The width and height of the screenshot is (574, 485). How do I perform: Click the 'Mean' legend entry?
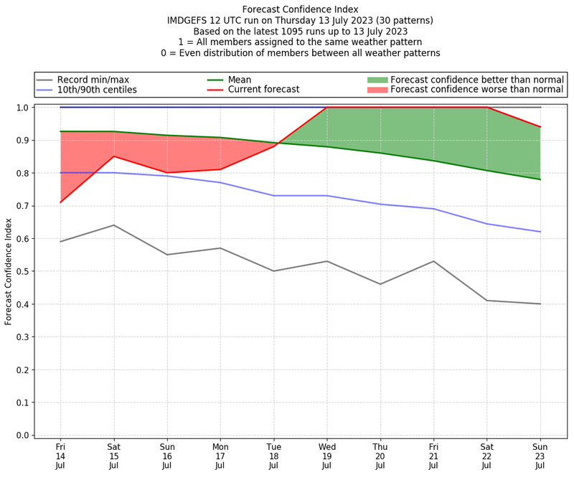click(240, 80)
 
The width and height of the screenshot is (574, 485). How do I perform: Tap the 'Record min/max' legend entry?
click(93, 80)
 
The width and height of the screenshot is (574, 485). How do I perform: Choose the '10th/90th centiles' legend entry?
click(97, 90)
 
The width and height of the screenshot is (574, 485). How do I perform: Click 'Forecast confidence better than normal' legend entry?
click(477, 80)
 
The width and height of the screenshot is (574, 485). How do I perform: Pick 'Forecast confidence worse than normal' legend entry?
click(477, 90)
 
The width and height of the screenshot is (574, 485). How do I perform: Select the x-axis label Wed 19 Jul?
click(327, 456)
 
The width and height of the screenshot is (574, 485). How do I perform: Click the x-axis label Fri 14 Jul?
click(60, 456)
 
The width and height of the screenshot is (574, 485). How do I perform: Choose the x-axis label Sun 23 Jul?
click(540, 456)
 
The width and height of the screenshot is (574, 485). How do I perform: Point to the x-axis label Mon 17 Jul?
click(220, 456)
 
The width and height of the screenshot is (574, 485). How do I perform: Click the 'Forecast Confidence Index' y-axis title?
click(9, 271)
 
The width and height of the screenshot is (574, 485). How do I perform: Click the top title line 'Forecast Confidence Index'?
click(300, 9)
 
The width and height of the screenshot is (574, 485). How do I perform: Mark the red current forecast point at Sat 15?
click(113, 156)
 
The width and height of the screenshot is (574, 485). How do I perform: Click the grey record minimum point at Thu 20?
click(380, 284)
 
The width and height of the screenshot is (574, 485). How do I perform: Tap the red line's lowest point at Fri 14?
click(60, 202)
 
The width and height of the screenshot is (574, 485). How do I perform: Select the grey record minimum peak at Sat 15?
click(113, 225)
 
